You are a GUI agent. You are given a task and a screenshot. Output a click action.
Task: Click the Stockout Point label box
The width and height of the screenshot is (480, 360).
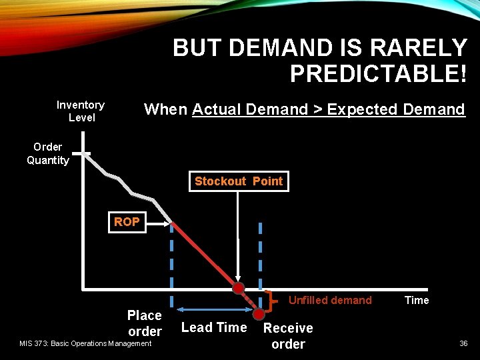click(x=239, y=181)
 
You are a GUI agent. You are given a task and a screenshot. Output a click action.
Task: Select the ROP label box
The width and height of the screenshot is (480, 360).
click(x=127, y=222)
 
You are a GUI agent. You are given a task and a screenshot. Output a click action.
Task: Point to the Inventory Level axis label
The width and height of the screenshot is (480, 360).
click(x=81, y=111)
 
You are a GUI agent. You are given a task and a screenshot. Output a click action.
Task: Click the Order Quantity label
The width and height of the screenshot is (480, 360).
click(x=48, y=153)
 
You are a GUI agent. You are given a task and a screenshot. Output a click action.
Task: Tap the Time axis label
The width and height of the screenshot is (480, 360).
click(x=417, y=300)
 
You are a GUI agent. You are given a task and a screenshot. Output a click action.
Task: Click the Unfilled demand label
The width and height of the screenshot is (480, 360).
click(x=330, y=300)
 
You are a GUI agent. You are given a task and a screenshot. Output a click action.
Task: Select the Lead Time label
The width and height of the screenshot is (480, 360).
click(x=214, y=327)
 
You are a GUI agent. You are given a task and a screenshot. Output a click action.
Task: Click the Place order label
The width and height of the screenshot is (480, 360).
click(x=145, y=323)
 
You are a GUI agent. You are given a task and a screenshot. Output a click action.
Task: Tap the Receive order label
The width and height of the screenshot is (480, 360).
click(x=288, y=336)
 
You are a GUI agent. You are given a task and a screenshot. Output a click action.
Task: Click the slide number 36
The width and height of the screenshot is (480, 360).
click(x=463, y=343)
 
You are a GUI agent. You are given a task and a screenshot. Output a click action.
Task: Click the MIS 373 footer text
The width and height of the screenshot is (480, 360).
click(x=85, y=343)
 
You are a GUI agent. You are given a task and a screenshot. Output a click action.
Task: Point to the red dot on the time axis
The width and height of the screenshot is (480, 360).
click(x=238, y=289)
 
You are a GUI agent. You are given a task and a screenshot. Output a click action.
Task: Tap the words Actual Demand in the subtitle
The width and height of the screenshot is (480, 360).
click(x=250, y=109)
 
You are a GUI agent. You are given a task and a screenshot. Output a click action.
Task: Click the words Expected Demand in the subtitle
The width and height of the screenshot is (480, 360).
click(x=396, y=109)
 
